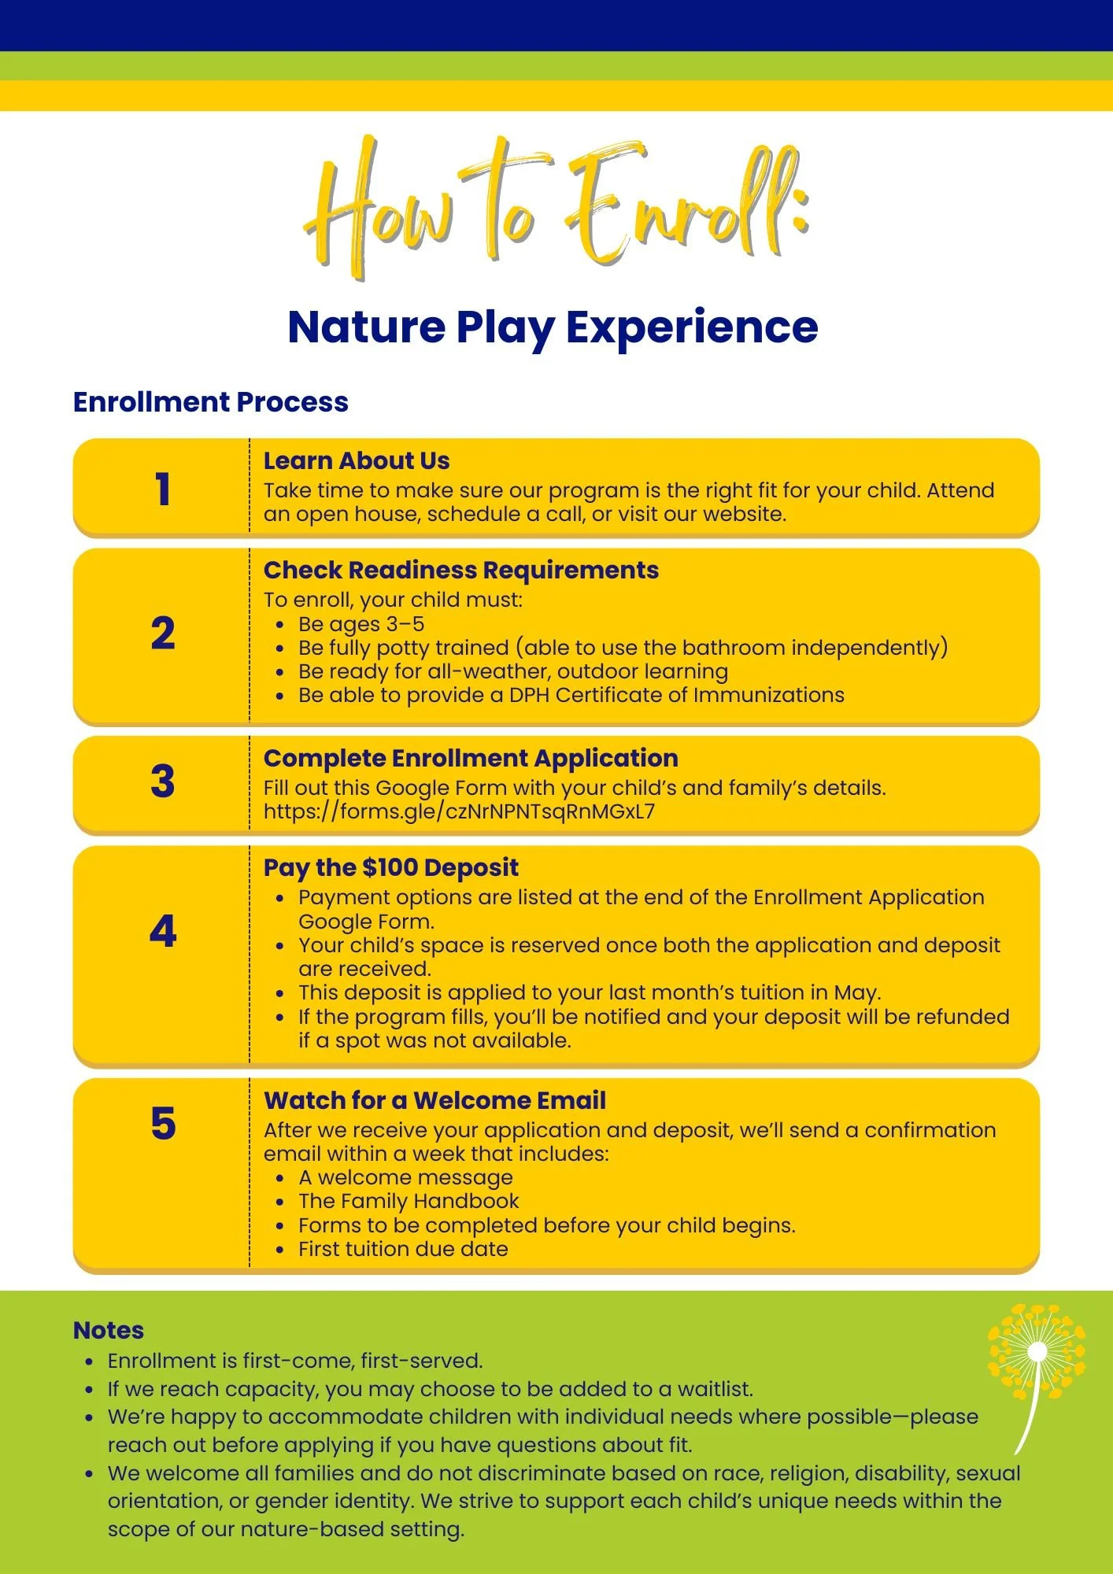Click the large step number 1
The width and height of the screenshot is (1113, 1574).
pos(163,489)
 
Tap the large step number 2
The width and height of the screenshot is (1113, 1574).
pos(163,634)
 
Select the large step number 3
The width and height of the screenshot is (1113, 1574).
pos(163,781)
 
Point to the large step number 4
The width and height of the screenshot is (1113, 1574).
pos(163,932)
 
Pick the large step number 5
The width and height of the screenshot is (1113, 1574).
pos(163,1123)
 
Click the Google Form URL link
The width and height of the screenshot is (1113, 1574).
pos(459,811)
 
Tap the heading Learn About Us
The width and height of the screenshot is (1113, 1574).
pos(357,460)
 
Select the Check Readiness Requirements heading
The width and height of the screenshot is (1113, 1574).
pos(461,570)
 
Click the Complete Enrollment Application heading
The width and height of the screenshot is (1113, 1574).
pos(471,758)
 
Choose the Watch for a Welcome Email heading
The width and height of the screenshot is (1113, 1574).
pos(434,1100)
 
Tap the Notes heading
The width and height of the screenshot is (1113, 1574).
pos(109,1330)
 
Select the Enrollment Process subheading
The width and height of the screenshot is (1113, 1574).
pos(210,402)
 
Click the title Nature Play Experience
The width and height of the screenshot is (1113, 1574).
pos(553,327)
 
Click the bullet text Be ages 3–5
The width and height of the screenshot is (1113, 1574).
pos(361,624)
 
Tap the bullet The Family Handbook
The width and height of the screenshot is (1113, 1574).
pos(409,1201)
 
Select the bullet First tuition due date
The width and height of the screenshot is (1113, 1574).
pos(403,1249)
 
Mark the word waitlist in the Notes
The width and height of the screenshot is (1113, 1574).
pos(714,1389)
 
